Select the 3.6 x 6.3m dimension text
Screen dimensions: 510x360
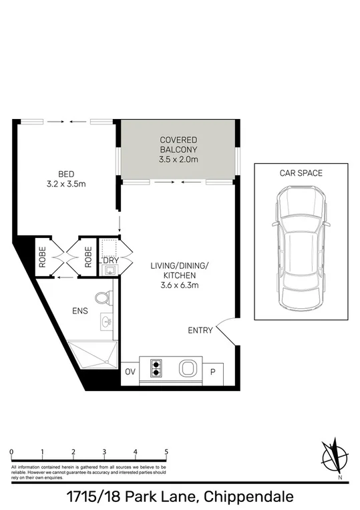click(x=180, y=285)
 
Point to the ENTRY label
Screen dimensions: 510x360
click(x=200, y=330)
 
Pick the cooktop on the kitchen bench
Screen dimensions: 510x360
click(x=158, y=368)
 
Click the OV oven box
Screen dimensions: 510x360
click(x=130, y=372)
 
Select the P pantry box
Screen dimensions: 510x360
click(x=214, y=372)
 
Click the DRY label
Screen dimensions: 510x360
click(x=110, y=260)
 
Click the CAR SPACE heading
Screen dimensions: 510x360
click(x=301, y=173)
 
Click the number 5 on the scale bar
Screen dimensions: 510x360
click(x=166, y=453)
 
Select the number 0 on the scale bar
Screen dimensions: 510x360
click(x=12, y=453)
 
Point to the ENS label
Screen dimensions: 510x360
click(x=79, y=311)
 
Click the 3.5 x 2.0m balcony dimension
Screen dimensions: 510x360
click(x=178, y=160)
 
